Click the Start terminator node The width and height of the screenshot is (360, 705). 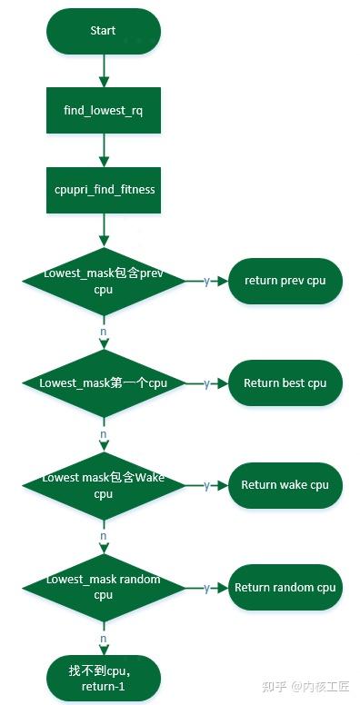pyautogui.click(x=103, y=32)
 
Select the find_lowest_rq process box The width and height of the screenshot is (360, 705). pyautogui.click(x=103, y=111)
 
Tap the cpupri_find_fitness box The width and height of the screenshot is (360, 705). pyautogui.click(x=103, y=190)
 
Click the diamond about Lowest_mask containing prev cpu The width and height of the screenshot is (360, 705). pyautogui.click(x=103, y=281)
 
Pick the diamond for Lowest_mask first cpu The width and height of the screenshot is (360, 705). pyautogui.click(x=103, y=383)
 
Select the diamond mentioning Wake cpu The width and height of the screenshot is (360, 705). pyautogui.click(x=103, y=485)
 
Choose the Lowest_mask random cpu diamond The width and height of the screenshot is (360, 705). pyautogui.click(x=103, y=587)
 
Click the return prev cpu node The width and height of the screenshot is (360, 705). pyautogui.click(x=285, y=281)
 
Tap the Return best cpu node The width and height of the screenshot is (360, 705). pyautogui.click(x=285, y=383)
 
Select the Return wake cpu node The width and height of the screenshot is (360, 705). pyautogui.click(x=285, y=485)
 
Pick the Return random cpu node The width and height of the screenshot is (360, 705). pyautogui.click(x=285, y=588)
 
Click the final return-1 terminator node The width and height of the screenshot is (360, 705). pyautogui.click(x=103, y=678)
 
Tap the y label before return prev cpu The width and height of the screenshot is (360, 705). pyautogui.click(x=206, y=281)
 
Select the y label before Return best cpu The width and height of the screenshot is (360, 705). pyautogui.click(x=206, y=383)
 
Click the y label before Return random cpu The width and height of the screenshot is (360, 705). pyautogui.click(x=206, y=588)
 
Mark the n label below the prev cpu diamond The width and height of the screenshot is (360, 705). pyautogui.click(x=103, y=333)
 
